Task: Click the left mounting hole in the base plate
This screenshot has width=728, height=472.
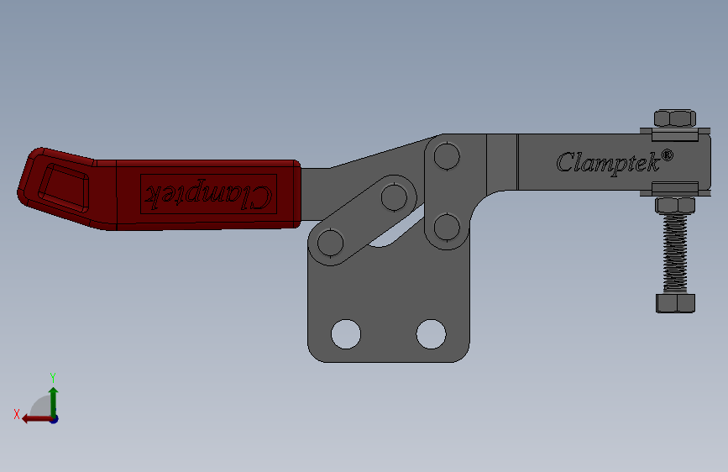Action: [345, 333]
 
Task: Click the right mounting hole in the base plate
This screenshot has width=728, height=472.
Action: [431, 333]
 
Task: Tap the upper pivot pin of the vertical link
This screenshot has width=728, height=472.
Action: [447, 156]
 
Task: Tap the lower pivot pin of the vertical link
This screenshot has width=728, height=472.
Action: [447, 226]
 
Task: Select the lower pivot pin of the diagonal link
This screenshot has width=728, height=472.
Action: [332, 243]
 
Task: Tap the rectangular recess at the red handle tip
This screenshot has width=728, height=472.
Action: [65, 183]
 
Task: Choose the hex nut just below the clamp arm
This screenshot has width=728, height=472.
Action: [674, 206]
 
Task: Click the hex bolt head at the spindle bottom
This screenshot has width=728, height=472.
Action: [674, 302]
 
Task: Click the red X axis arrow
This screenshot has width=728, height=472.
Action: [32, 418]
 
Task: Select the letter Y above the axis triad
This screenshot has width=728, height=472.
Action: [53, 378]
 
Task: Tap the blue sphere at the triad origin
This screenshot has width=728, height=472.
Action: [54, 418]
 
